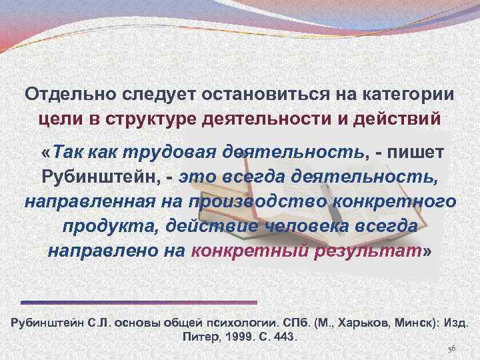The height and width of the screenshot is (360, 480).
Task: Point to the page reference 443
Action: (x=283, y=337)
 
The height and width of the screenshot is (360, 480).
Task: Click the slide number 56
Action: (x=451, y=349)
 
